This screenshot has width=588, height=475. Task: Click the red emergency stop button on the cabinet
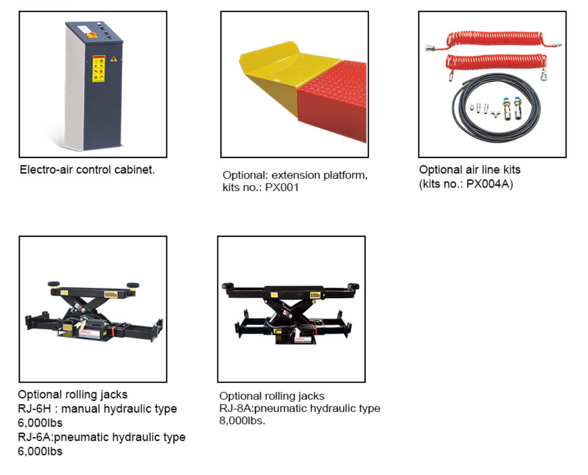click(92, 35)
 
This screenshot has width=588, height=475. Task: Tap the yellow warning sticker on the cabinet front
click(99, 68)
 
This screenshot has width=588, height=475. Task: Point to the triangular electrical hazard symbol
click(114, 59)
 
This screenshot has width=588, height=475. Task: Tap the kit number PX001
click(282, 188)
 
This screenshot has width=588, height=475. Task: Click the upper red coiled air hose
click(494, 41)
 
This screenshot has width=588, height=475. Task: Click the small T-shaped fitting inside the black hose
click(495, 114)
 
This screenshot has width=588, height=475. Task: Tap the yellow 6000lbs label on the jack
click(111, 294)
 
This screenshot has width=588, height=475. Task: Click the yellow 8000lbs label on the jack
click(315, 295)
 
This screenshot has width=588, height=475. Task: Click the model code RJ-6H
click(34, 409)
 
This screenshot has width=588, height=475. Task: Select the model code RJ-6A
click(34, 437)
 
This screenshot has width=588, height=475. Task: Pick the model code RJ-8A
click(235, 408)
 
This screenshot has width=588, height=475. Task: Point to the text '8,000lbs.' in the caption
click(242, 421)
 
